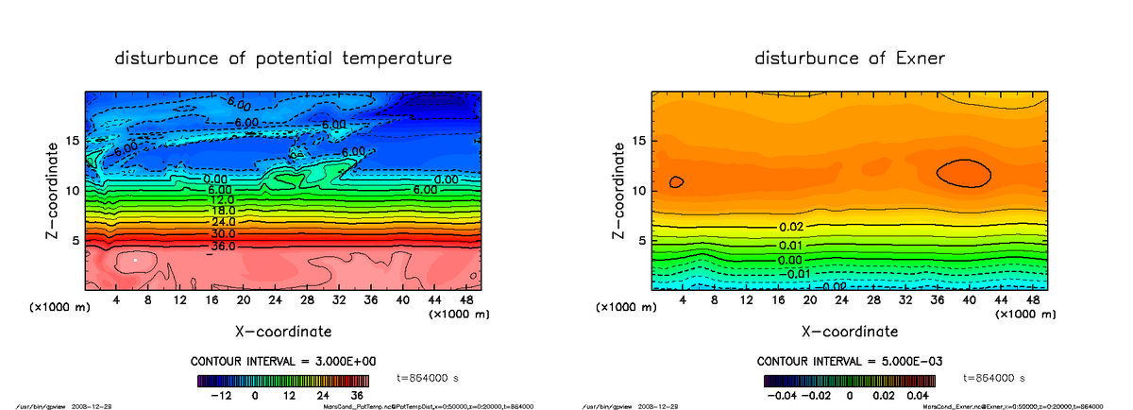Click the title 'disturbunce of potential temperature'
click(283, 59)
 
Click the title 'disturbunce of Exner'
click(850, 59)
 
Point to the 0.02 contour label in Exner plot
click(791, 228)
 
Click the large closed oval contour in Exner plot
click(963, 172)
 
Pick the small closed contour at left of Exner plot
click(676, 181)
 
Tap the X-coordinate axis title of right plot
click(849, 332)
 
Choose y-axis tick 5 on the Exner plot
click(645, 240)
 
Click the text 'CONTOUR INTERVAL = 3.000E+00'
click(284, 362)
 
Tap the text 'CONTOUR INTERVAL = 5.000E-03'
click(851, 362)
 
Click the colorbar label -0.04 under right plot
click(780, 395)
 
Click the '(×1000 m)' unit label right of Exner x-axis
click(1024, 314)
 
